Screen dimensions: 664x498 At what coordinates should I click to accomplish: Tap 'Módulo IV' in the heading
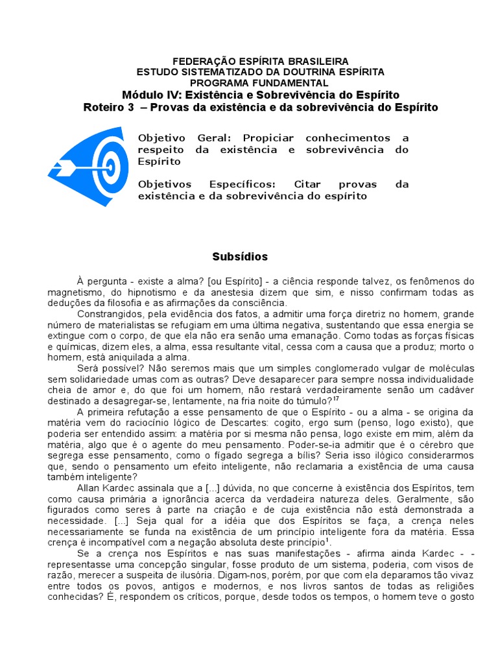pyautogui.click(x=147, y=95)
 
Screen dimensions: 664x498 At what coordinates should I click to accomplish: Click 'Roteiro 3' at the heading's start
pyautogui.click(x=108, y=107)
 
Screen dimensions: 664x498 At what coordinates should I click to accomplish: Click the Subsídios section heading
pyautogui.click(x=240, y=257)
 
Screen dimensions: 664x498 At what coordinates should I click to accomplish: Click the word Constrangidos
pyautogui.click(x=108, y=314)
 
